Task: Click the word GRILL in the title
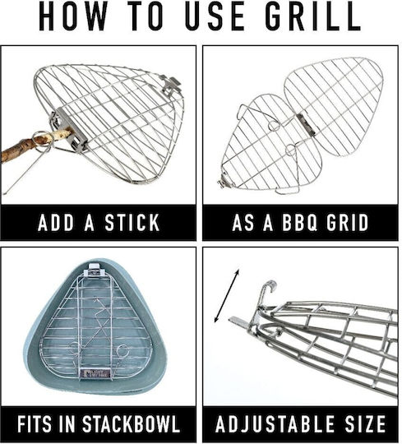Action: click(313, 16)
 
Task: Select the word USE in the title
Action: click(215, 16)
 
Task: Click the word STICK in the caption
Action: click(132, 223)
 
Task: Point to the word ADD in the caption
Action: click(55, 223)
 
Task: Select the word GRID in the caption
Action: click(348, 223)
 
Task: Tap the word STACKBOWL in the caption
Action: click(131, 424)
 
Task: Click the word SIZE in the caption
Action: click(365, 424)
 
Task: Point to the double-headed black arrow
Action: click(226, 296)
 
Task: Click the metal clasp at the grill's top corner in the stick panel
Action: click(171, 85)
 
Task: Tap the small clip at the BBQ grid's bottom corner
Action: click(224, 182)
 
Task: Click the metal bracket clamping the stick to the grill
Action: click(70, 129)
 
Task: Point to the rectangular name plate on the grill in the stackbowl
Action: click(95, 373)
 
